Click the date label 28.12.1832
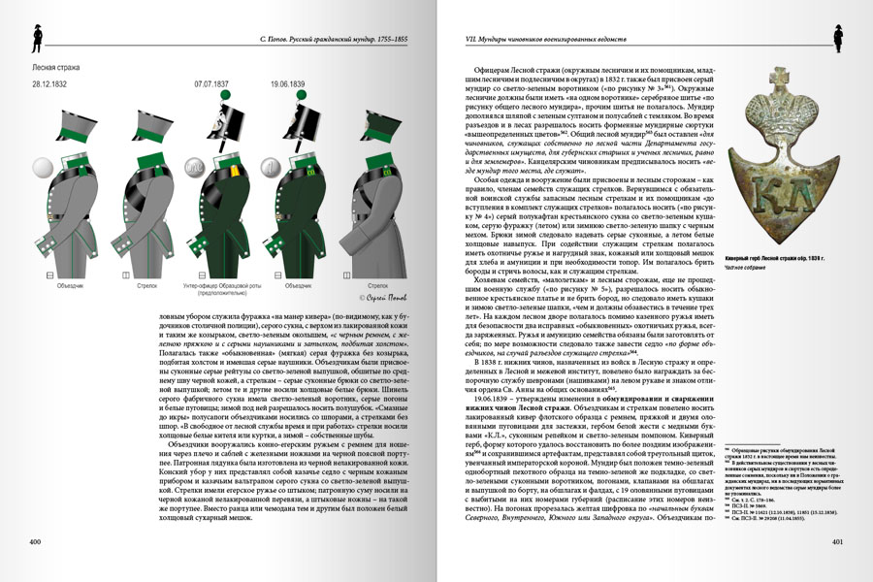[49, 84]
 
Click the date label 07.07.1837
[212, 84]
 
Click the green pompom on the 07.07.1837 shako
[225, 95]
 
